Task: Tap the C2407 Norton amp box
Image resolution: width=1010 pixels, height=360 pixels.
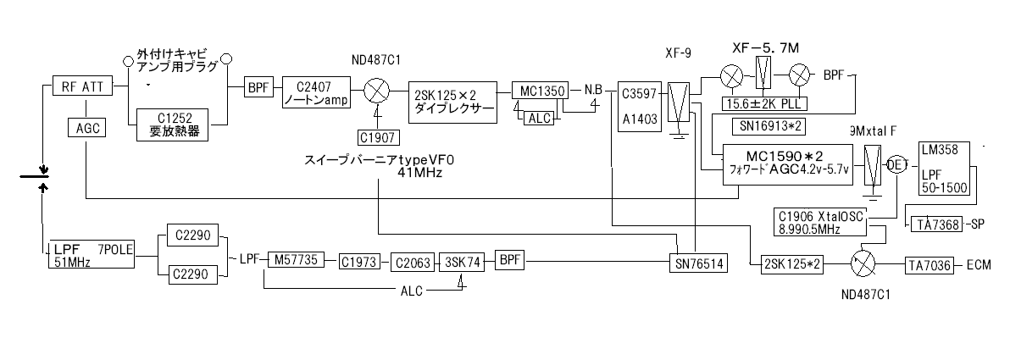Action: tap(314, 92)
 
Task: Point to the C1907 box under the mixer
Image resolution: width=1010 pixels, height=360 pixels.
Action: tap(373, 136)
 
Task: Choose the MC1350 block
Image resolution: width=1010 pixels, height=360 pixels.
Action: tap(538, 90)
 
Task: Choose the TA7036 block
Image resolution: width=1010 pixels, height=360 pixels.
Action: tap(930, 263)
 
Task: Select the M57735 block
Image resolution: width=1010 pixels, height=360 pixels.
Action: tap(295, 261)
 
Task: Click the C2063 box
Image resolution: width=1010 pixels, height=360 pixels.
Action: tap(409, 263)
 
